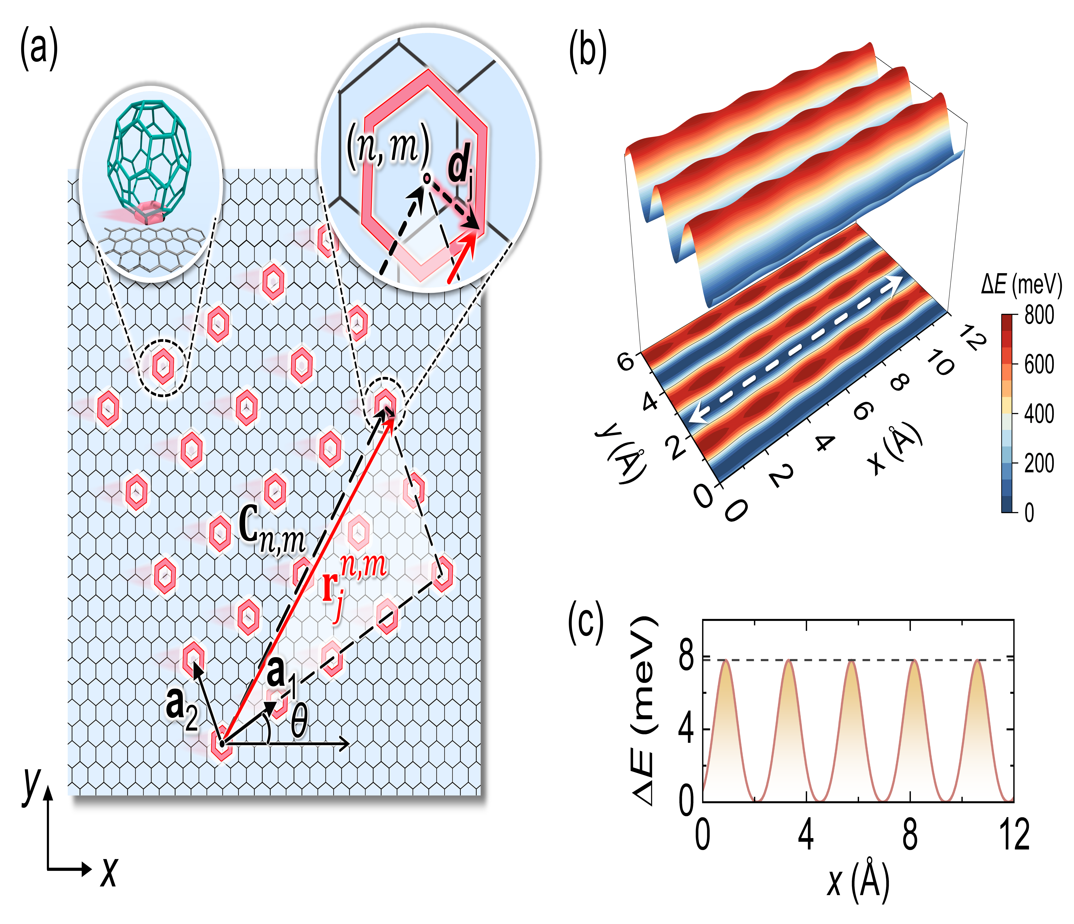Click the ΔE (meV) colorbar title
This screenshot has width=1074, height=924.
tap(1021, 284)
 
